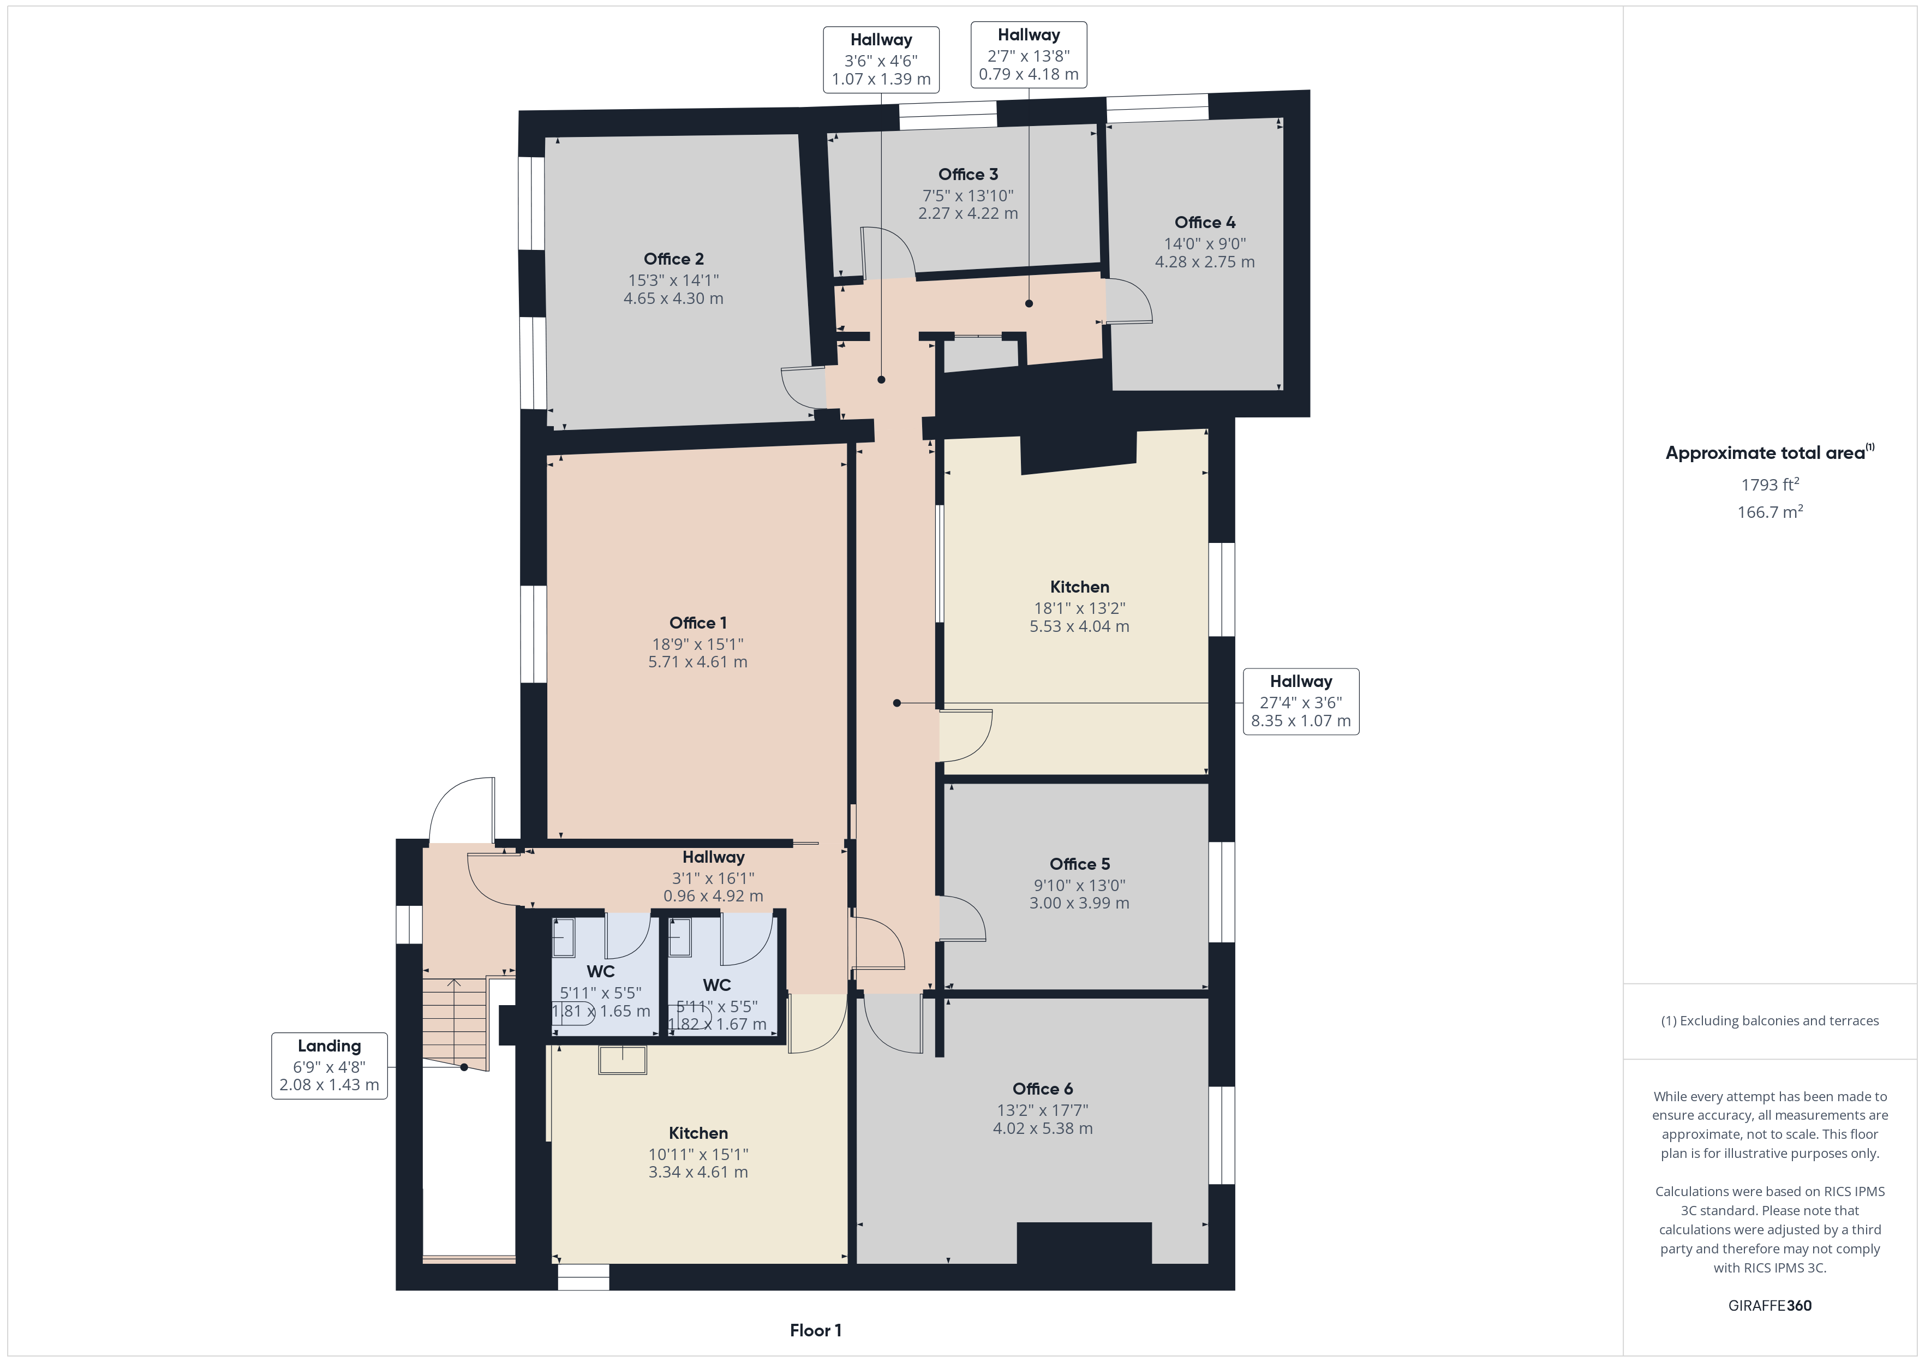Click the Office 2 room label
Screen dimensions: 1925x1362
673,259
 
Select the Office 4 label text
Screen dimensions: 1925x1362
1205,222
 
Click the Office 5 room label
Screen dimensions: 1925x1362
1079,864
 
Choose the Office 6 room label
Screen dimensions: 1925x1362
1042,1089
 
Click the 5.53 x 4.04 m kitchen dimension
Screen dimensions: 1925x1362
1079,626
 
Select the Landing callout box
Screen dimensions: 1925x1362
330,1065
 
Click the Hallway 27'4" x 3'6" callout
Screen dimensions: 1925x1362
1300,701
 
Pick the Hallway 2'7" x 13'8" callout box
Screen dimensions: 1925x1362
1029,55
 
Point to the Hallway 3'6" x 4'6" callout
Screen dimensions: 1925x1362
881,59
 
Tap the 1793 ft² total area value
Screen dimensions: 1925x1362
1770,485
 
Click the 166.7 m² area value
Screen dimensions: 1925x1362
1770,512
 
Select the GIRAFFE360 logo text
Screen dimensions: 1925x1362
1770,1306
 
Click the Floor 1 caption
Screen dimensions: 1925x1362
815,1330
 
